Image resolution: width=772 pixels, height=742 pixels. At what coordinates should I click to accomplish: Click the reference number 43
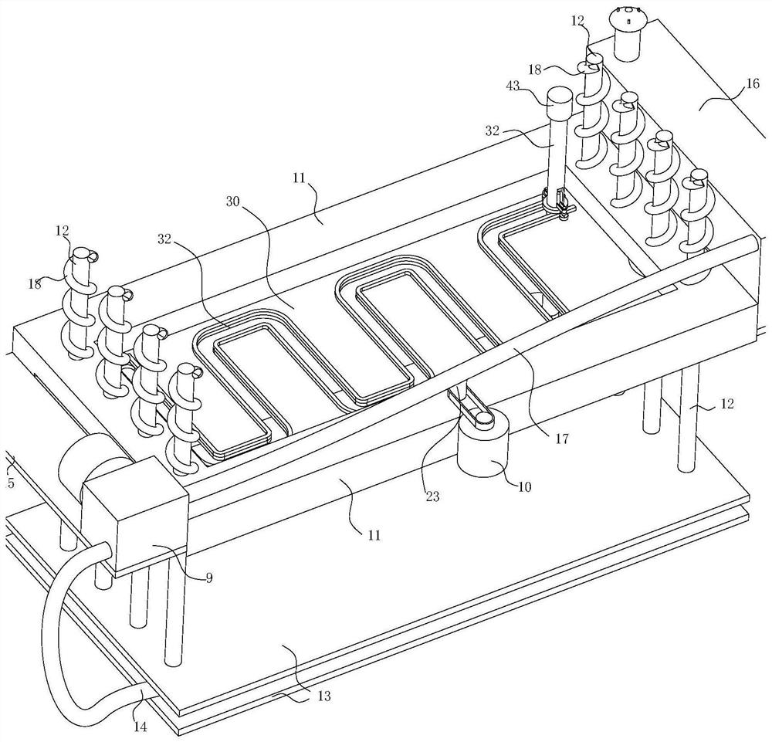[513, 86]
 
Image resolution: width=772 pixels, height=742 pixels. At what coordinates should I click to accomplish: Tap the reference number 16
[753, 83]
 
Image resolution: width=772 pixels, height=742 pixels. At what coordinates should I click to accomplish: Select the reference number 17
[562, 438]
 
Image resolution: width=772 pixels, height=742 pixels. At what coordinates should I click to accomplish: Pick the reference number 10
[524, 486]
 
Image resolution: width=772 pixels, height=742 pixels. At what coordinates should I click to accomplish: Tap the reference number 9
[208, 578]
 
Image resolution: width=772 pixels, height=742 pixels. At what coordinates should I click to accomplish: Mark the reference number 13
[323, 696]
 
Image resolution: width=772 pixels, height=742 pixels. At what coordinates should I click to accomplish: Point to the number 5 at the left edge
[11, 483]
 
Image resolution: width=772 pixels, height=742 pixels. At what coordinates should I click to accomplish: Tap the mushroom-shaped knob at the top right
[627, 34]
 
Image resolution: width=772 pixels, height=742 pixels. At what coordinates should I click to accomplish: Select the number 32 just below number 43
[493, 130]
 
